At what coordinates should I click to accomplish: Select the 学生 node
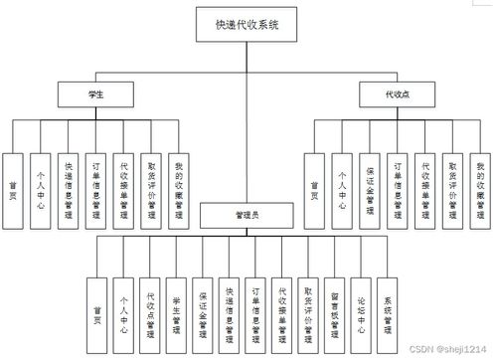tap(96, 92)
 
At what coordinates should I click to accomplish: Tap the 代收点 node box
tap(395, 92)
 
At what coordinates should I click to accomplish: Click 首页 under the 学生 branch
tap(12, 177)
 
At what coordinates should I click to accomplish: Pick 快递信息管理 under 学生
tap(68, 177)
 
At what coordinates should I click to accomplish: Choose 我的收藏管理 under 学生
tap(179, 177)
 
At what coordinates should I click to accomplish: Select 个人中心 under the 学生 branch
tap(40, 177)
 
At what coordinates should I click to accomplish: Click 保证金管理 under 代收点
tap(369, 177)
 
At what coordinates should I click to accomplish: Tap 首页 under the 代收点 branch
tap(314, 177)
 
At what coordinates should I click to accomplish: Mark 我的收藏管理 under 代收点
tap(480, 177)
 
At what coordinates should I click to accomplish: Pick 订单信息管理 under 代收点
tap(397, 177)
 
